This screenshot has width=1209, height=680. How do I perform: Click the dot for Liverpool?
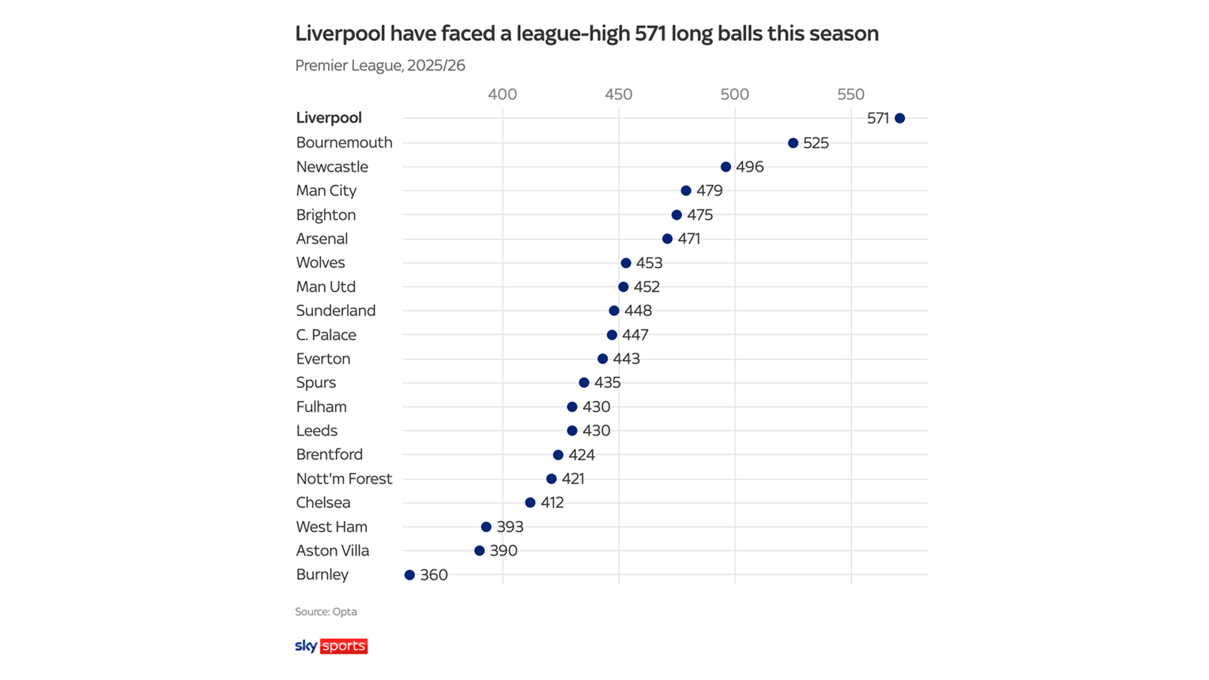[900, 118]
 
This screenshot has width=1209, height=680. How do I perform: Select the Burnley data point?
[410, 575]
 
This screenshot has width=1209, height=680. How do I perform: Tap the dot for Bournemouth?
[793, 143]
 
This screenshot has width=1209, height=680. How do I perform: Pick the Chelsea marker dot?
[530, 502]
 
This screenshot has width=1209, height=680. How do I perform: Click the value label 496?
[749, 167]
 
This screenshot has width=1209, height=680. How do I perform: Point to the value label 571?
[878, 118]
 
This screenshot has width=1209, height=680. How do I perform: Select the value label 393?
[510, 527]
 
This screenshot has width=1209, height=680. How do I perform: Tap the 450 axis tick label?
[618, 94]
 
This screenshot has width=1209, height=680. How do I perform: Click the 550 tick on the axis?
[851, 94]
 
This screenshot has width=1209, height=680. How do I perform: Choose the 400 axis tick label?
[502, 94]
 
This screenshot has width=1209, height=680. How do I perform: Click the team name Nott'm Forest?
[344, 479]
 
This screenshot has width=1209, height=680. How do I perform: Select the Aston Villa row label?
[332, 551]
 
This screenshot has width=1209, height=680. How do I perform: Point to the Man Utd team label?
[326, 287]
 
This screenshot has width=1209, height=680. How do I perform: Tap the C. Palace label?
[326, 335]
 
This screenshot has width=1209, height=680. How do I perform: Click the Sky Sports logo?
[331, 646]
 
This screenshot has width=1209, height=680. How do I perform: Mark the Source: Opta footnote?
[326, 611]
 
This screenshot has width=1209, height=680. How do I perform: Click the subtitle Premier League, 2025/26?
[380, 65]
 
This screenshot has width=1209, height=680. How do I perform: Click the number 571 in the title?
[650, 33]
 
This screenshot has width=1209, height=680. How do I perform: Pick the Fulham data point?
[572, 407]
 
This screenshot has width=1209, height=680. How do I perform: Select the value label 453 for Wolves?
[649, 263]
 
